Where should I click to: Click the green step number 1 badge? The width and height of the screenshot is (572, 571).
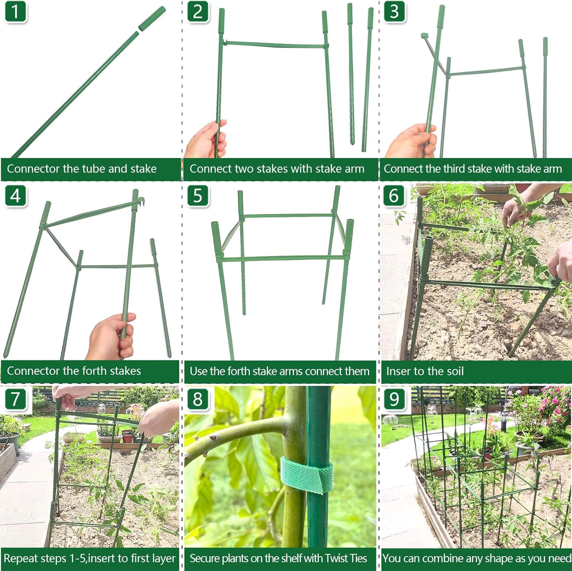click(15, 11)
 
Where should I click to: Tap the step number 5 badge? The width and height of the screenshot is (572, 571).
click(198, 195)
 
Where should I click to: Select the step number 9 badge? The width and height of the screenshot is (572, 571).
click(394, 399)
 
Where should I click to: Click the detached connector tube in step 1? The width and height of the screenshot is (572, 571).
click(151, 19)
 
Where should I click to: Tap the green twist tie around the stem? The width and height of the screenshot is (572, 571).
click(307, 476)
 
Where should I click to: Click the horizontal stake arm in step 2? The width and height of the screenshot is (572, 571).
click(275, 45)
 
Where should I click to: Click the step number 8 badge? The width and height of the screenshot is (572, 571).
click(198, 399)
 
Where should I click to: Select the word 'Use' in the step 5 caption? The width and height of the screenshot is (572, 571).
click(198, 371)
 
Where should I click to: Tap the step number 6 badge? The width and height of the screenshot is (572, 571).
click(394, 195)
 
